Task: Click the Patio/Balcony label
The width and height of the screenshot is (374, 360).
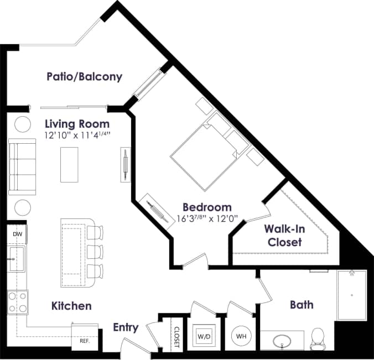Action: click(84, 76)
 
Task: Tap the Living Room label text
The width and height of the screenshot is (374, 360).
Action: click(77, 123)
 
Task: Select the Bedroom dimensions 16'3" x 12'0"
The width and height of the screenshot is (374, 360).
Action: click(207, 218)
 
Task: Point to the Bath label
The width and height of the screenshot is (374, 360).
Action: click(302, 305)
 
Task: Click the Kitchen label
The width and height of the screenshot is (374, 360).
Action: click(71, 306)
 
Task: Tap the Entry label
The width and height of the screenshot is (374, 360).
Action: click(126, 327)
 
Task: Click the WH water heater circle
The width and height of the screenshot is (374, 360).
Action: click(241, 336)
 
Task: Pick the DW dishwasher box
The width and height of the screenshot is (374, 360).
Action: click(17, 234)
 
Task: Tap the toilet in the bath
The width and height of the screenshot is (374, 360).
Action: click(318, 338)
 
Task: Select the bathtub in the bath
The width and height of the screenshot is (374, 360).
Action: click(351, 295)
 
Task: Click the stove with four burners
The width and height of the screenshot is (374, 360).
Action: click(17, 302)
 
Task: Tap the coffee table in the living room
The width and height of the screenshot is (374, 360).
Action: click(70, 165)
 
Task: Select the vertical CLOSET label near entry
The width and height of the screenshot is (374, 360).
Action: click(177, 336)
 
